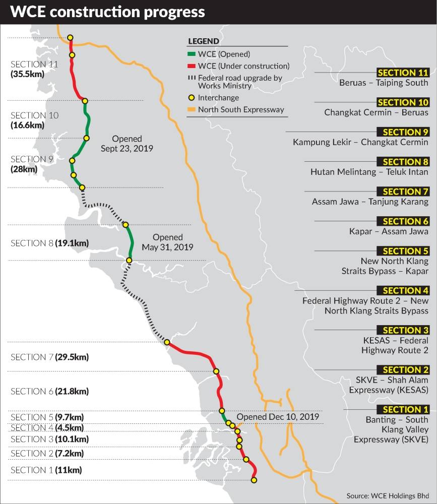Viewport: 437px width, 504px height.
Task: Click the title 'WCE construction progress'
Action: click(x=108, y=12)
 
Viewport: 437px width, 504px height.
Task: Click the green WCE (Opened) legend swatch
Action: click(x=192, y=54)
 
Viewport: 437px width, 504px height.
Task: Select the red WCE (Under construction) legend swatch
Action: click(x=192, y=66)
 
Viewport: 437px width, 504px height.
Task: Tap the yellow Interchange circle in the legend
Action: click(x=192, y=98)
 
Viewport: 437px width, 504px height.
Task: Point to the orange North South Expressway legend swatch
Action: click(x=192, y=109)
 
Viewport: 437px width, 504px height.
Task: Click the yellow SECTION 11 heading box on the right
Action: click(x=403, y=73)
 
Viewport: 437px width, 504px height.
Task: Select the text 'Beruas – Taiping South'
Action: click(x=384, y=83)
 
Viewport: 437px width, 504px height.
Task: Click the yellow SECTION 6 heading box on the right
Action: click(x=403, y=221)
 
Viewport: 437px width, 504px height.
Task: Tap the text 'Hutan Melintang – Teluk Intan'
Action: click(x=369, y=172)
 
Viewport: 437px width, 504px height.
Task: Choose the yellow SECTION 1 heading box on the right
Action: click(x=403, y=409)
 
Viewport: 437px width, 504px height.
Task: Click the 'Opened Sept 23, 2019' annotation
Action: click(x=127, y=144)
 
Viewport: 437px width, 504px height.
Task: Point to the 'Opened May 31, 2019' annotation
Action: click(x=167, y=242)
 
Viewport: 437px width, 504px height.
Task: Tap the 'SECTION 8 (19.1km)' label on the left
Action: click(x=49, y=243)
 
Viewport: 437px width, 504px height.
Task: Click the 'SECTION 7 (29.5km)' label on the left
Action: click(x=49, y=357)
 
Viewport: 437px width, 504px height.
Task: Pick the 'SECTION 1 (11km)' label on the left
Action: click(x=46, y=470)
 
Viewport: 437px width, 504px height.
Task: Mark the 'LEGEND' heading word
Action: click(x=203, y=41)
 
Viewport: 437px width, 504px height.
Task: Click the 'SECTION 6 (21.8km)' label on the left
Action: click(x=49, y=392)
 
